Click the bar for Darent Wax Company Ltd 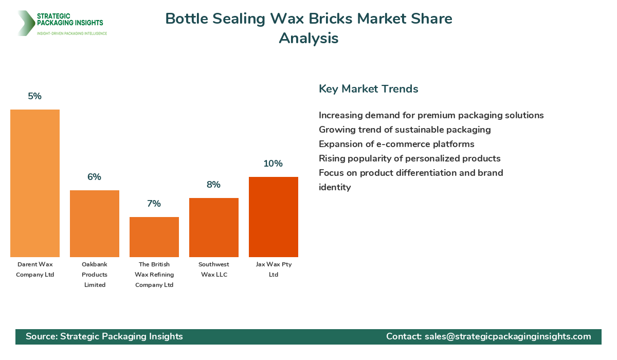35,183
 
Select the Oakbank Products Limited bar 95,224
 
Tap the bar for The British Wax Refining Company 154,237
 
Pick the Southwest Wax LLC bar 214,227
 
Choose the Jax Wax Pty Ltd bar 274,217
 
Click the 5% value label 35,96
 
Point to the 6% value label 95,177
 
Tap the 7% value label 154,204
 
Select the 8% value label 214,185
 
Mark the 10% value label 274,164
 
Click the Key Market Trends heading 369,89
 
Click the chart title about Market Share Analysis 308,28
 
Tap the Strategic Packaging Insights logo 62,23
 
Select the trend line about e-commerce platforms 396,144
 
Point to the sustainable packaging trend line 405,130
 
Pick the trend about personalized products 409,158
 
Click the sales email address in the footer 507,336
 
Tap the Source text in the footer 104,336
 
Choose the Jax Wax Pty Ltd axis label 274,269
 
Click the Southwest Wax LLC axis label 214,269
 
